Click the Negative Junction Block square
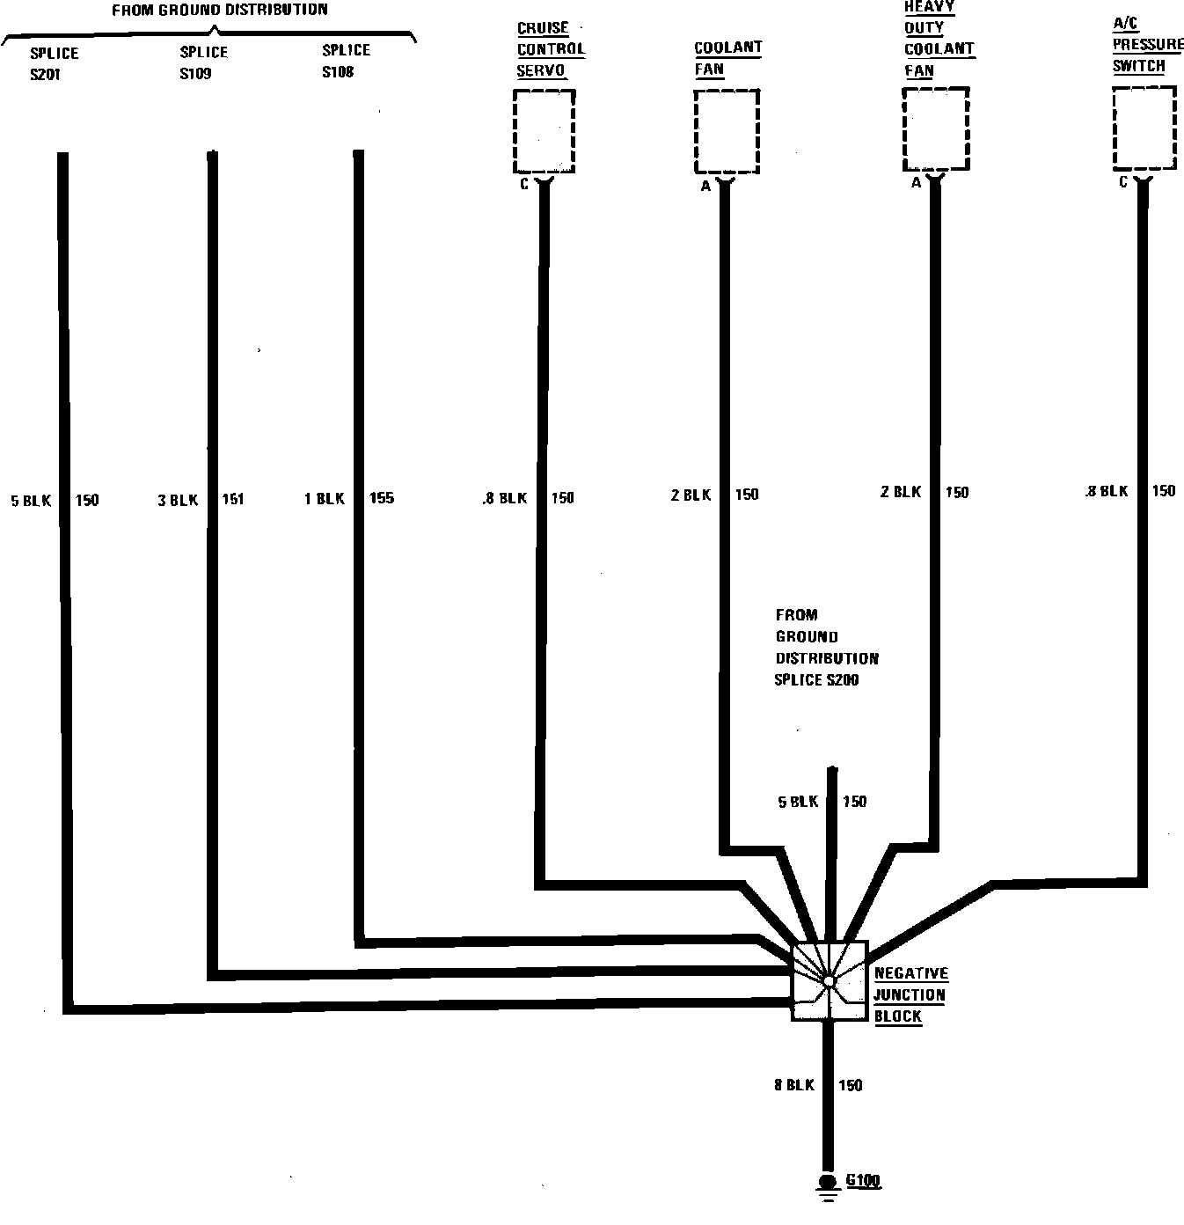830,980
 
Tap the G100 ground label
863,1181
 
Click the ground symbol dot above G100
827,1182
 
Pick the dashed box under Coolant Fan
726,131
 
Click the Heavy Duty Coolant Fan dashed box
936,129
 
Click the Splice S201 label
54,63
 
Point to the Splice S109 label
203,62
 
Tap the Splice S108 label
346,61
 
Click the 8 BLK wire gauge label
794,1085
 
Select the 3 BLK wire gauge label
178,501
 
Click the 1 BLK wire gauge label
324,499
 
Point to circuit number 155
381,498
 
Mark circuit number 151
232,500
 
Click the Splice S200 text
816,679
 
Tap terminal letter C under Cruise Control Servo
524,184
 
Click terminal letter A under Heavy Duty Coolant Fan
916,183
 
